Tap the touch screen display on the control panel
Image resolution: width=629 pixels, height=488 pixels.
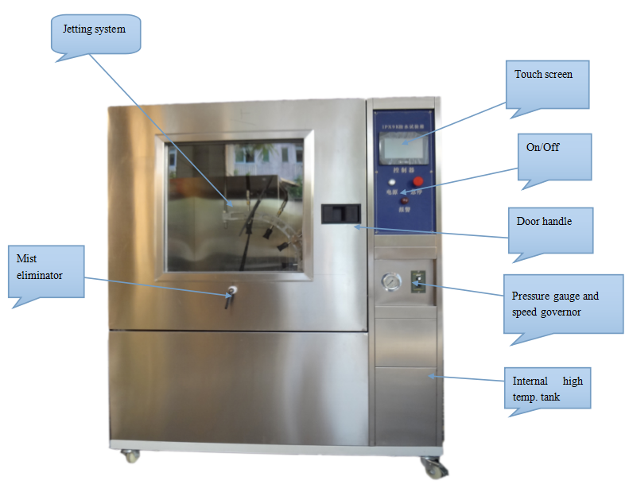point(405,147)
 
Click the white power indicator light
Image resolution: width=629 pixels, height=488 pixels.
point(392,182)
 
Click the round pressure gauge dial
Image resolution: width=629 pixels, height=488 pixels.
point(390,282)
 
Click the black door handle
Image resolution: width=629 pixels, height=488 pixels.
point(340,213)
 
